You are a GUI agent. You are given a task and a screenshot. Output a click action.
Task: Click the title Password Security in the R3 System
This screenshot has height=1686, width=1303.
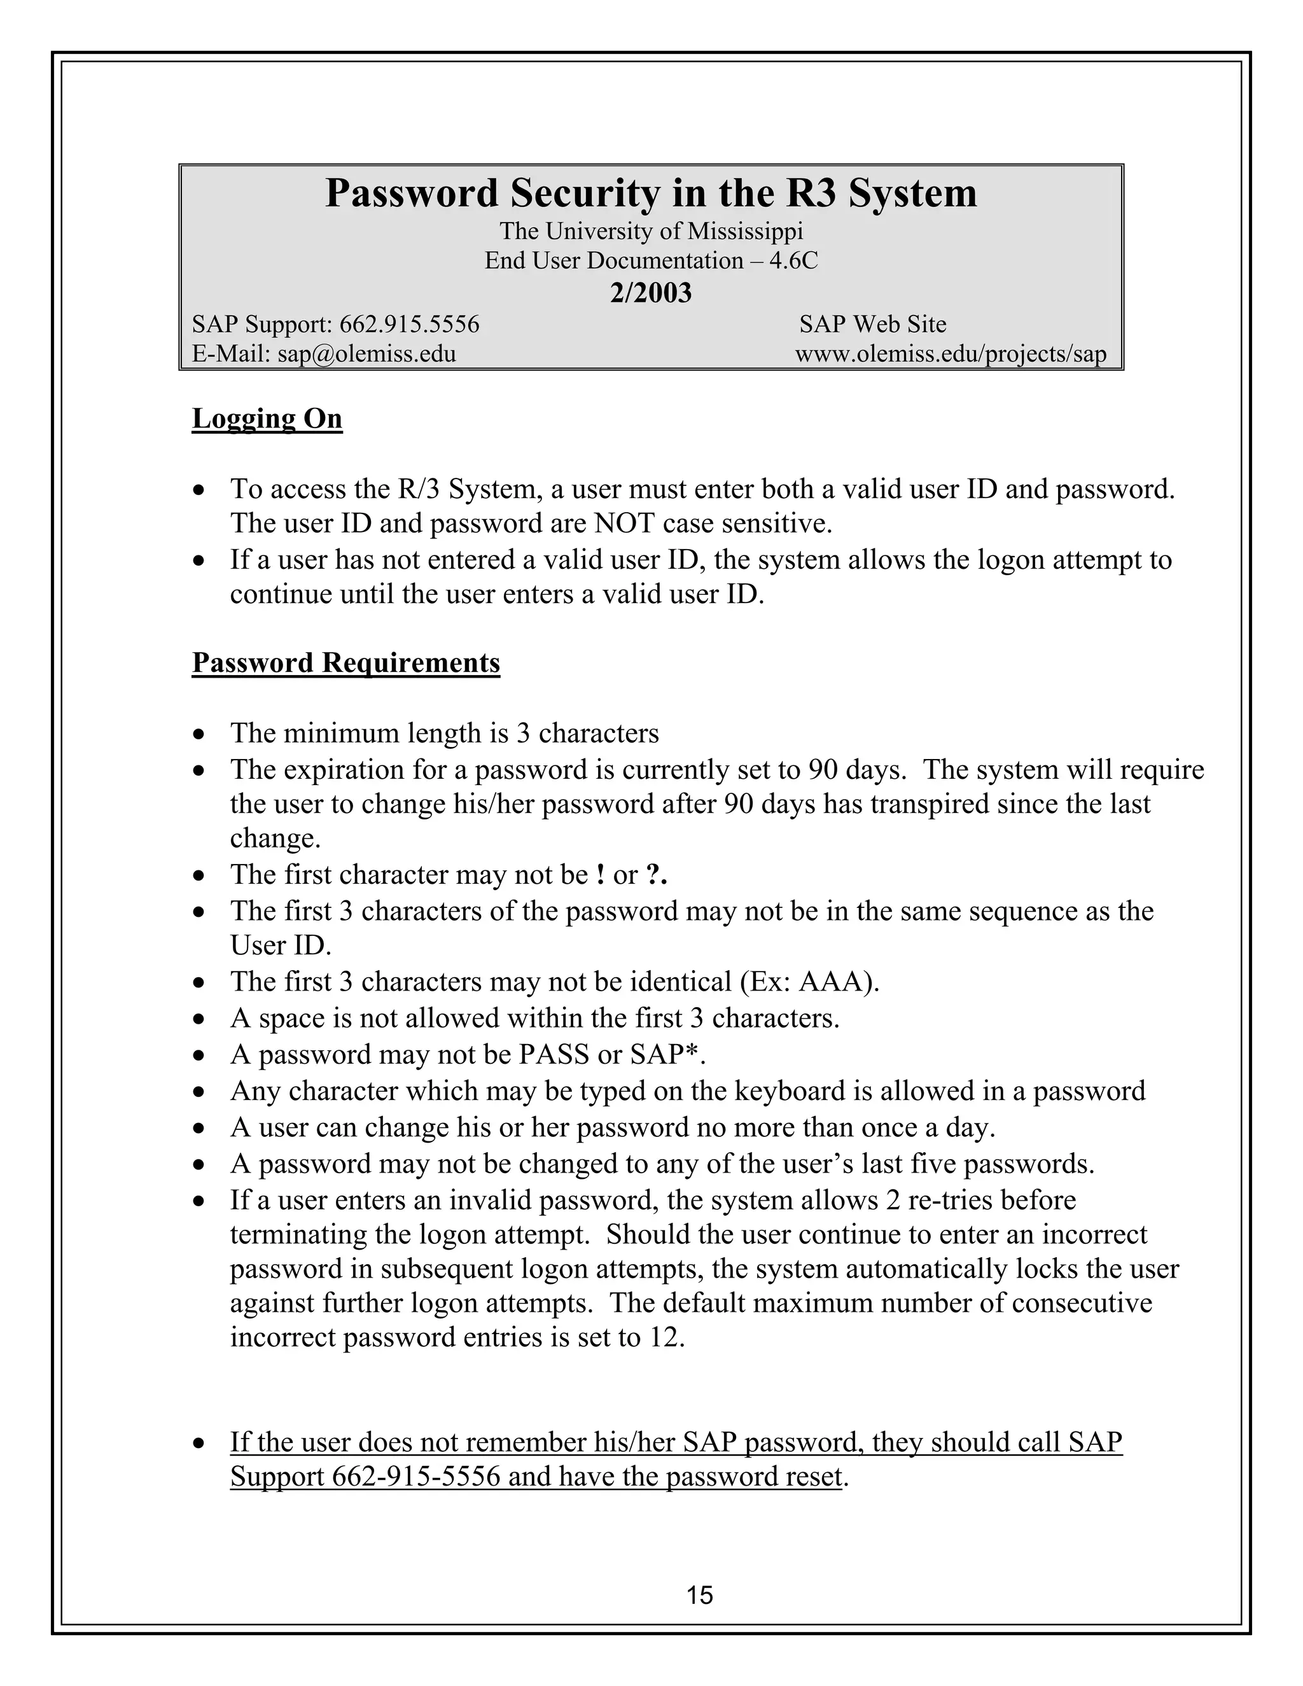(651, 193)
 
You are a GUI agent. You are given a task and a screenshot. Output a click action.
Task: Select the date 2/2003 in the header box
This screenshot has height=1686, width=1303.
(651, 293)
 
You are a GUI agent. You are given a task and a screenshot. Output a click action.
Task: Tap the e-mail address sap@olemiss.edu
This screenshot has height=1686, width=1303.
(366, 354)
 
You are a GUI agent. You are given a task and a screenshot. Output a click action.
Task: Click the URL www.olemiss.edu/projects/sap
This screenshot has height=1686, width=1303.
(951, 354)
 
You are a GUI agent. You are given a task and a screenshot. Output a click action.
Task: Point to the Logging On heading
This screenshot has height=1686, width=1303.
(267, 419)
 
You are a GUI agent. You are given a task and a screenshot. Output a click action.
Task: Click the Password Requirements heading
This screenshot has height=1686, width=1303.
(346, 662)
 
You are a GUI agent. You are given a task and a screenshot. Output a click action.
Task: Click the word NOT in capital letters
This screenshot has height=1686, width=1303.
(626, 524)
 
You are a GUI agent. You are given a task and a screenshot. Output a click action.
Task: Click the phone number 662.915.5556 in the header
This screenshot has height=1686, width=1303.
(409, 324)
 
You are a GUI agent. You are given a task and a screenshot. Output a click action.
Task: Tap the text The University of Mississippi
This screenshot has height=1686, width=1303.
(651, 231)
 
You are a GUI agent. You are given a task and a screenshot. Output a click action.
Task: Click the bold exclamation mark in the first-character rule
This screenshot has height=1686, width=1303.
(600, 875)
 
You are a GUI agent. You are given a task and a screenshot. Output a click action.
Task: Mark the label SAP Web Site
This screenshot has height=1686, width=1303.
(872, 324)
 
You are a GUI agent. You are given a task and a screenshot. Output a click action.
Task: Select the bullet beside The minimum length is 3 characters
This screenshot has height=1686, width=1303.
(200, 734)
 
